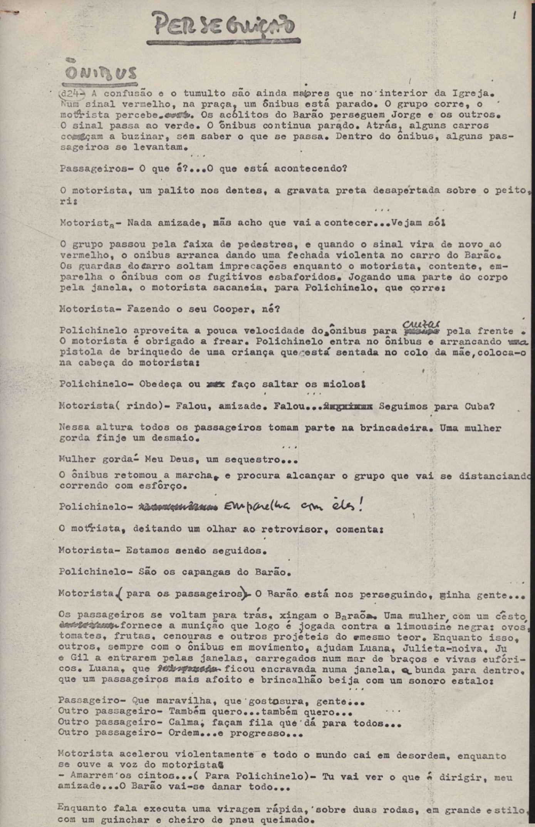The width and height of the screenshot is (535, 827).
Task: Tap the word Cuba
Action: (x=478, y=406)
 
